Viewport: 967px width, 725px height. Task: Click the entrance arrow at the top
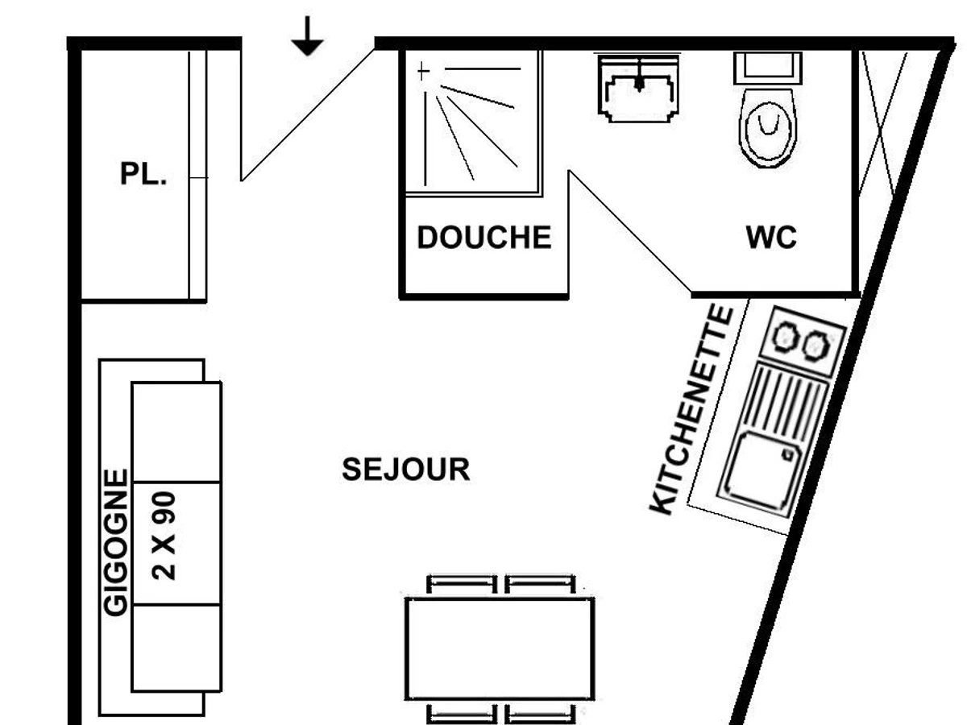307,36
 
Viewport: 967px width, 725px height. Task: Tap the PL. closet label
143,173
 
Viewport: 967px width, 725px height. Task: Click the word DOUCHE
484,238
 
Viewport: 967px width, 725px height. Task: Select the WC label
771,238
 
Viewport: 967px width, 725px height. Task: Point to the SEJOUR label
406,470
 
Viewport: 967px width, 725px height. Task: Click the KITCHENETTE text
691,409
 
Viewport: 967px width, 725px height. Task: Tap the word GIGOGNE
116,542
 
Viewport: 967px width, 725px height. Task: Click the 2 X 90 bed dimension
164,536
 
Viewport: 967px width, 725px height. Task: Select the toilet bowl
768,128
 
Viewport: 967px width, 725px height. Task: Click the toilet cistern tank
768,68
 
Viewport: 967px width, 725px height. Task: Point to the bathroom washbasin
638,88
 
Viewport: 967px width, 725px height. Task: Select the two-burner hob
803,341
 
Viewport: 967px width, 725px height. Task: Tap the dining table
500,648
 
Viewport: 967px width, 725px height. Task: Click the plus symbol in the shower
423,71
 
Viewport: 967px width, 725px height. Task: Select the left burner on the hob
786,337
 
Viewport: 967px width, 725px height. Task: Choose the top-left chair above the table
462,585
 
